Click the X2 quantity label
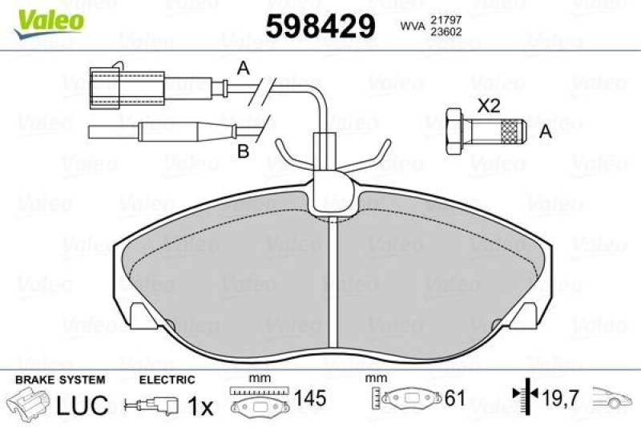coord(489,104)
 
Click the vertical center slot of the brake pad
coord(331,280)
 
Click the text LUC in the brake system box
coord(82,405)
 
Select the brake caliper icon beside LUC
coord(28,403)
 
